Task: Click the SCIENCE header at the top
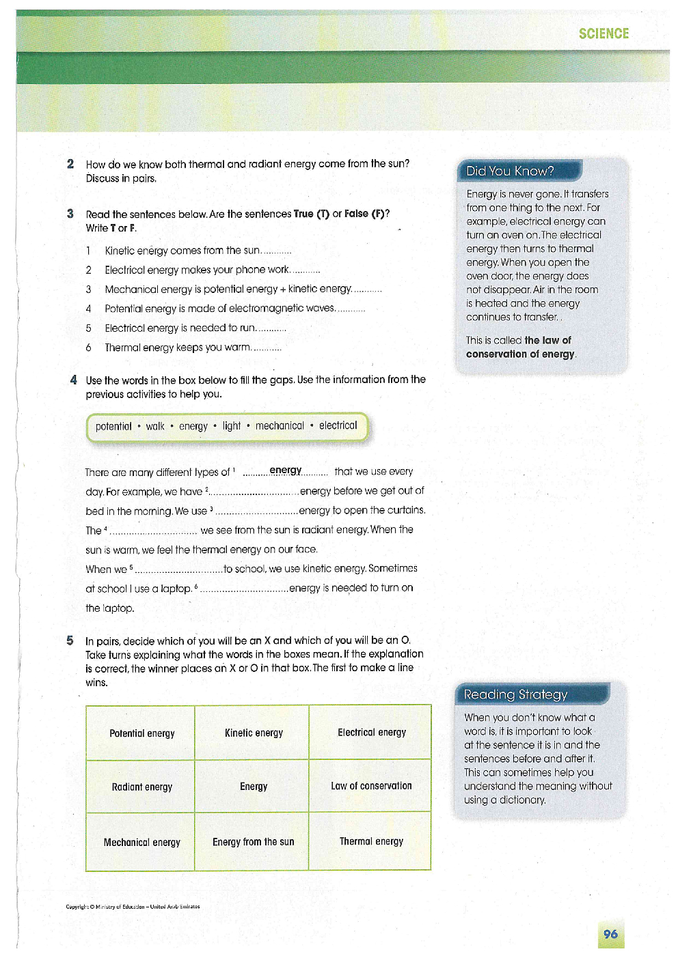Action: pyautogui.click(x=604, y=33)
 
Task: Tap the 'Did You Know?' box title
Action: pyautogui.click(x=510, y=171)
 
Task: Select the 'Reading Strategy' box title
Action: pyautogui.click(x=515, y=694)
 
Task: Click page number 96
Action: pyautogui.click(x=610, y=934)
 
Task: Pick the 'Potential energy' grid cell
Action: pyautogui.click(x=141, y=733)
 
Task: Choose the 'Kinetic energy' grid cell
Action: pyautogui.click(x=254, y=733)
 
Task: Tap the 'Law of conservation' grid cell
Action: pyautogui.click(x=371, y=786)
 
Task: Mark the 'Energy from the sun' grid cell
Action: pyautogui.click(x=253, y=842)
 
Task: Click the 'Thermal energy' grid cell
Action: pyautogui.click(x=371, y=841)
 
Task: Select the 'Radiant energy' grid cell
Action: pyautogui.click(x=141, y=787)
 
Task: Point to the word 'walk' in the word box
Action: pyautogui.click(x=155, y=426)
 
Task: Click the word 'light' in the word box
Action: pyautogui.click(x=232, y=426)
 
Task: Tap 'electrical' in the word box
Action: pyautogui.click(x=338, y=425)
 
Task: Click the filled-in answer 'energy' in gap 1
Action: pyautogui.click(x=285, y=470)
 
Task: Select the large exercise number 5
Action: pyautogui.click(x=70, y=640)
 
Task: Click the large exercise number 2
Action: pyautogui.click(x=70, y=164)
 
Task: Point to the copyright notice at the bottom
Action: pyautogui.click(x=133, y=907)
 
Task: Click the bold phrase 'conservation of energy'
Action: pyautogui.click(x=520, y=354)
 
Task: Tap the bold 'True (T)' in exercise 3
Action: pyautogui.click(x=312, y=214)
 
